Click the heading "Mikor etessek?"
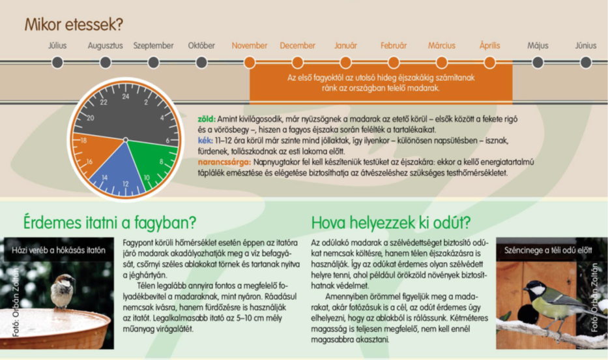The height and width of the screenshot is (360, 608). (74, 24)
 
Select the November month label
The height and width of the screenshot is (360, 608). (250, 46)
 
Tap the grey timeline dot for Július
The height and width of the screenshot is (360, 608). (57, 62)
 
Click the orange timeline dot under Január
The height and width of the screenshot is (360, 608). (345, 62)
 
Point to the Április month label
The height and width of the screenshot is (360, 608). (490, 46)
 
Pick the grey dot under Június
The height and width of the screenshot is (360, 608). (586, 62)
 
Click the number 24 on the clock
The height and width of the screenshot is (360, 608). (126, 97)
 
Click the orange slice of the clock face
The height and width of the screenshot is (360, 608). (97, 151)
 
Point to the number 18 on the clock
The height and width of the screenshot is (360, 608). (83, 140)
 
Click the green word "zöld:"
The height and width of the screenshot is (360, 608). (207, 119)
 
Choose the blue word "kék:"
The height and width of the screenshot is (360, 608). (205, 140)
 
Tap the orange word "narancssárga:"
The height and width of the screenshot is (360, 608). (224, 162)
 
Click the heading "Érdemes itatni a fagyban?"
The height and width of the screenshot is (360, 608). (109, 222)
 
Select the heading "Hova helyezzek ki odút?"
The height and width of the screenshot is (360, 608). (391, 222)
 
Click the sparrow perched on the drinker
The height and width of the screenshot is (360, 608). (63, 291)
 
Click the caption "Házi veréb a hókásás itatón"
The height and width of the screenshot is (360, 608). (59, 250)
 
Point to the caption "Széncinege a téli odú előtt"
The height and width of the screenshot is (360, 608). (548, 250)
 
